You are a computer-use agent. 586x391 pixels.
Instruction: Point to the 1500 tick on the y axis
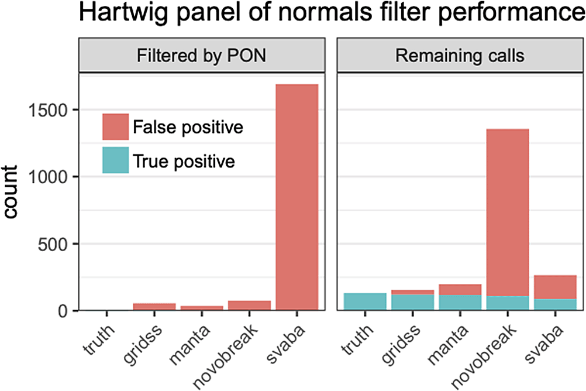click(51, 109)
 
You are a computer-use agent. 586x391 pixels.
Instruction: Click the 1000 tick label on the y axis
click(51, 176)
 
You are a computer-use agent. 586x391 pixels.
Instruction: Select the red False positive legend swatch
click(115, 127)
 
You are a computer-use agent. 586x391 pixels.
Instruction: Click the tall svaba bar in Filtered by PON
click(297, 197)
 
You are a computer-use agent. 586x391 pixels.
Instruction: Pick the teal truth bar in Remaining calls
click(364, 301)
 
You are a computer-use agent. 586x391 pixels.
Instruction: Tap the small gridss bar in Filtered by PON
click(154, 306)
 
